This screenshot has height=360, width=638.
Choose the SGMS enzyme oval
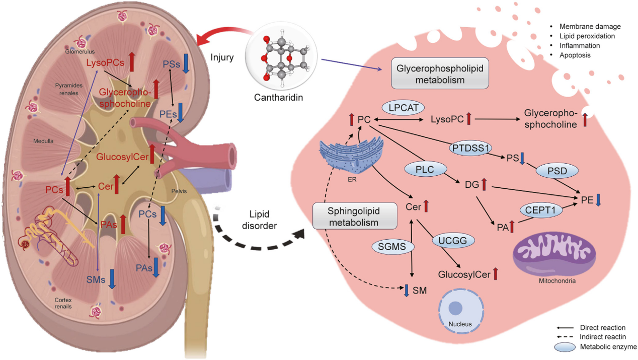pyautogui.click(x=391, y=246)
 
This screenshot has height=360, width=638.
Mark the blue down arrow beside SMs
pyautogui.click(x=112, y=278)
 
